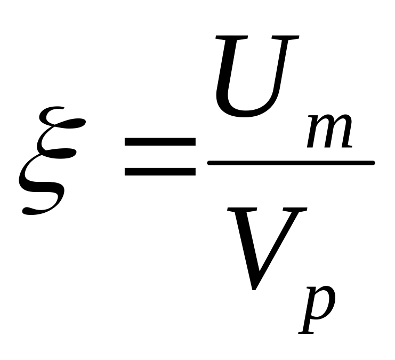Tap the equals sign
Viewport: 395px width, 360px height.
click(159, 157)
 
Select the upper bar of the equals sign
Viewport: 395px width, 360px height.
click(159, 142)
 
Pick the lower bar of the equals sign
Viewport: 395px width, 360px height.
click(159, 172)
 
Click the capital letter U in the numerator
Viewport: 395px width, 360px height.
click(256, 80)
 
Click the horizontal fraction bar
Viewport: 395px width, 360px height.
click(291, 163)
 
